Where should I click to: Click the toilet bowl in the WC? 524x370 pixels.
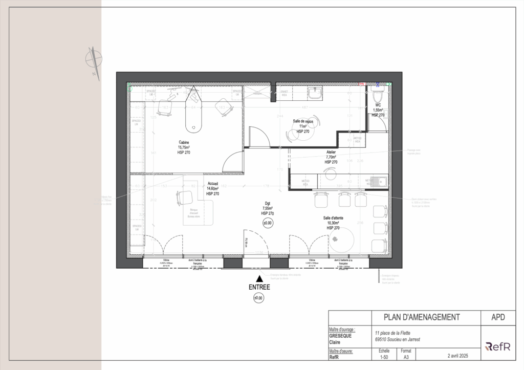point(378,97)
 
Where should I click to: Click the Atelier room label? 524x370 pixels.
point(331,152)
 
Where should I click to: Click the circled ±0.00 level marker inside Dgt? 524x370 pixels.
point(268,223)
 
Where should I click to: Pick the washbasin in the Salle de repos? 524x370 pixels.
point(314,92)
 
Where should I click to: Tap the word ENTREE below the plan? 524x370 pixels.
point(259,288)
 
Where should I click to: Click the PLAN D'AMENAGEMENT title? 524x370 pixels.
point(414,317)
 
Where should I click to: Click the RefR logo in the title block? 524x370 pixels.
point(498,346)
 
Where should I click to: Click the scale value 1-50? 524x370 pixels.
point(384,357)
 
